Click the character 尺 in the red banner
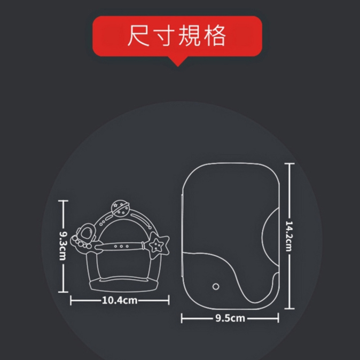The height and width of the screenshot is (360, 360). (139, 36)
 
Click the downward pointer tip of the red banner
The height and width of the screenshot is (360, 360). (177, 65)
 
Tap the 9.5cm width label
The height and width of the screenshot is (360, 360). (230, 319)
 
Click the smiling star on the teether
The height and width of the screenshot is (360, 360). (157, 246)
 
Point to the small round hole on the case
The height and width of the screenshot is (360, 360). (215, 287)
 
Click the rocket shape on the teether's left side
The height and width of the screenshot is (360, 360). (84, 236)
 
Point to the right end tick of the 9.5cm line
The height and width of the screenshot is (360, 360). (278, 319)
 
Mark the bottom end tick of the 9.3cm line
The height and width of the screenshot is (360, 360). (64, 293)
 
